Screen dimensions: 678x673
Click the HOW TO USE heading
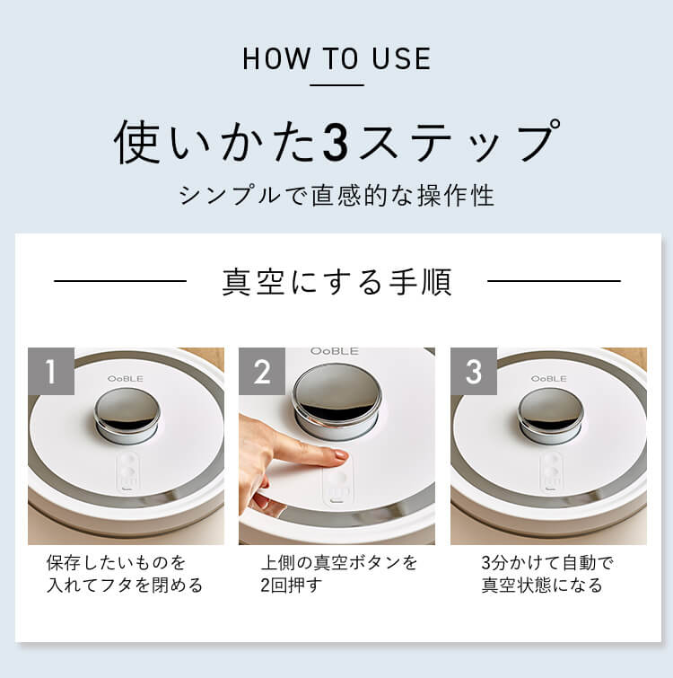click(x=336, y=59)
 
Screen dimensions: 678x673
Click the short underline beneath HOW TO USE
click(x=336, y=85)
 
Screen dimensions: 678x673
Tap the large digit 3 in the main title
click(x=335, y=143)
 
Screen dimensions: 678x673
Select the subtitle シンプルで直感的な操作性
click(x=336, y=196)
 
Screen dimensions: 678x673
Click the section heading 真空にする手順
click(x=336, y=282)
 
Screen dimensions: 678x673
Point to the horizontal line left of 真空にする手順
click(x=120, y=281)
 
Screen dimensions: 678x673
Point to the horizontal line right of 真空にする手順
click(x=554, y=281)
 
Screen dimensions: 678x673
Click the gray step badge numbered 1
click(x=51, y=371)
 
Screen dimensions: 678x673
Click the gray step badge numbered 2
click(x=262, y=371)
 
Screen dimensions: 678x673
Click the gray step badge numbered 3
click(x=474, y=371)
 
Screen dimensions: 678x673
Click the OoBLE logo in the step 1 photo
click(x=126, y=379)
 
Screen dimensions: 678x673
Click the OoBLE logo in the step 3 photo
click(x=548, y=379)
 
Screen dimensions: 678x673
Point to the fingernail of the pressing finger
click(x=340, y=455)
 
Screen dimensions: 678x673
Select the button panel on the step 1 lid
click(x=127, y=472)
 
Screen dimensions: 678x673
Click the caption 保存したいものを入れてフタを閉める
click(x=125, y=574)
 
